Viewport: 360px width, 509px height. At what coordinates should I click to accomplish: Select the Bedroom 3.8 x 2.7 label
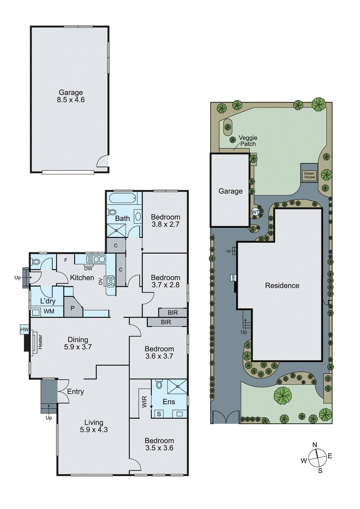coord(166,220)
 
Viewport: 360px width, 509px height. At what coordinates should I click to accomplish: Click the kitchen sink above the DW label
coord(96,259)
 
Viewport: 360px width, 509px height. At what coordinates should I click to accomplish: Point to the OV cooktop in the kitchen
coord(110,281)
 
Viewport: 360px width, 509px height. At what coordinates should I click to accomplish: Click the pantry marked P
coord(73,308)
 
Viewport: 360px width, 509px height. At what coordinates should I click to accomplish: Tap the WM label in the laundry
coord(49,311)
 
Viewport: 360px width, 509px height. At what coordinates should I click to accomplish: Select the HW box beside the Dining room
coord(25,330)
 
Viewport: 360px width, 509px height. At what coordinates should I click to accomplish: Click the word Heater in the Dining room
coord(40,342)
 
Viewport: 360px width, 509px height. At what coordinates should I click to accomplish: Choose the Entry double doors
coord(62,391)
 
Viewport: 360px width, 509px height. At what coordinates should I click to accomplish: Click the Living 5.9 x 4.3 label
coord(94,426)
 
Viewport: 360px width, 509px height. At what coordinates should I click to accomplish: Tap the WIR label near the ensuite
coord(145,401)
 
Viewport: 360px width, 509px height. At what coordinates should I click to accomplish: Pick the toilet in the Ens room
coord(159,385)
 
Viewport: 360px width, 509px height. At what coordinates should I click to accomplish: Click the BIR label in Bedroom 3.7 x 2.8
coord(173,313)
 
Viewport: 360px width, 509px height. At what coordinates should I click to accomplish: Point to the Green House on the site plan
coord(309,175)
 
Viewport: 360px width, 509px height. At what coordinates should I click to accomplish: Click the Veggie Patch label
coord(248,141)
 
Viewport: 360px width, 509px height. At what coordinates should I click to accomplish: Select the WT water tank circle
coord(255,212)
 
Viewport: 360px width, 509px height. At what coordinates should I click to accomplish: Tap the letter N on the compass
coord(314,445)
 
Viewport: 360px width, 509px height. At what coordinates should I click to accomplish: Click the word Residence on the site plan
coord(282,286)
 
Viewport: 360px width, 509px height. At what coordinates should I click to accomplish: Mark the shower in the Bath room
coord(116,230)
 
